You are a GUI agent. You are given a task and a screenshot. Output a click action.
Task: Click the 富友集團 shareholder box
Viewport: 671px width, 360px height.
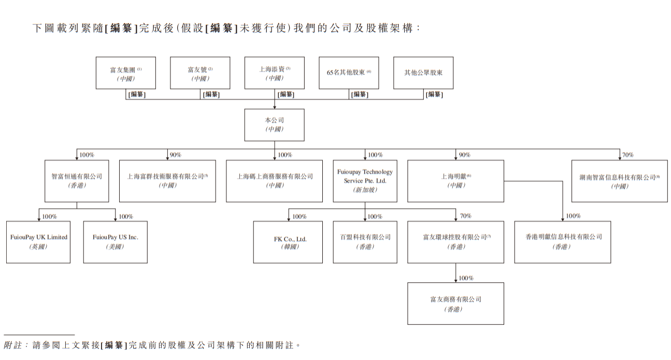coord(125,73)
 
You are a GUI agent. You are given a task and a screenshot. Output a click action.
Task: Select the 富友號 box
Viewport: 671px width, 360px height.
coord(200,73)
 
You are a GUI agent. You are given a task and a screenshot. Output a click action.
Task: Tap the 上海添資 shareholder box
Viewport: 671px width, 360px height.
coord(274,73)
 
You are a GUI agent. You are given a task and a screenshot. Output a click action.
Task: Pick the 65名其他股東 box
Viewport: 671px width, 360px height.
coord(349,73)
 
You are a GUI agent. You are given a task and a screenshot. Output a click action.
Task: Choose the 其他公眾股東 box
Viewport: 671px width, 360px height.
coord(423,73)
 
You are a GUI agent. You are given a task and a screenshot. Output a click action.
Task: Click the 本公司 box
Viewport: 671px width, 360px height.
coord(274,125)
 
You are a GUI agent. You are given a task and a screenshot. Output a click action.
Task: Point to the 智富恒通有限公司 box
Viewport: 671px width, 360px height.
coord(77,181)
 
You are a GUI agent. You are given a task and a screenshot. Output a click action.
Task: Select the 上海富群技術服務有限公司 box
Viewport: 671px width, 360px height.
coord(167,181)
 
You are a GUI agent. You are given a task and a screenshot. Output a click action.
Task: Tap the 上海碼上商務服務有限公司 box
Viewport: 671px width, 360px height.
coord(274,181)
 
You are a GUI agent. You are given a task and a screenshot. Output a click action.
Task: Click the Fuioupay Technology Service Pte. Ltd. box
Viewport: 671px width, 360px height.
coord(365,181)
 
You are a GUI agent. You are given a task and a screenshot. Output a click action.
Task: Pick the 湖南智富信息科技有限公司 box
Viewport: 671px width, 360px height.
coord(619,181)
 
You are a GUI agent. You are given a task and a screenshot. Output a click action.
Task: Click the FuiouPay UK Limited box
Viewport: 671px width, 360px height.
coord(38,242)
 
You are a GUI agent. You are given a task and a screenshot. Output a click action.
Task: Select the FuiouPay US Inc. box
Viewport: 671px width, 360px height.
coord(115,242)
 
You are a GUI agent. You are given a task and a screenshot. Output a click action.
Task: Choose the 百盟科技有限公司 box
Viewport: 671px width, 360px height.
coord(365,242)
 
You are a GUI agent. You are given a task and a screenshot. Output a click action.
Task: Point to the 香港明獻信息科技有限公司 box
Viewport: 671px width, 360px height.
coord(562,242)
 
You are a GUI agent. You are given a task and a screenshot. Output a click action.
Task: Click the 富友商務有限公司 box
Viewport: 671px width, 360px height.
coord(455,304)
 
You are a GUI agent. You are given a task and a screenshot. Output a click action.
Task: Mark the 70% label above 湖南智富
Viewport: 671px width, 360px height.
coord(627,155)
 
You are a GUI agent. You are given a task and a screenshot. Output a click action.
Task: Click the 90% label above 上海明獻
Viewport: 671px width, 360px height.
coord(464,155)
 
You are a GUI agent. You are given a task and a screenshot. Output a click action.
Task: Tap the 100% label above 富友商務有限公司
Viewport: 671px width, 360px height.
coord(466,278)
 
